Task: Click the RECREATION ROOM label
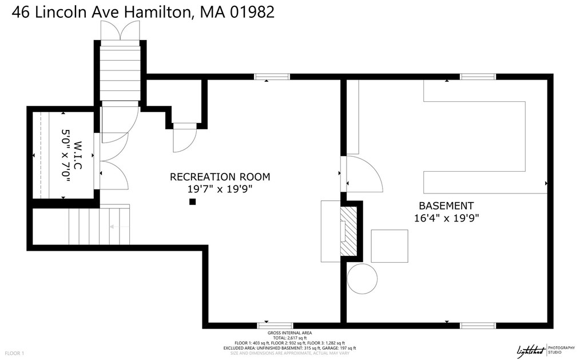[x=220, y=177]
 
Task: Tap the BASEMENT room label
[x=446, y=206]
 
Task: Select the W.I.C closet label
[x=78, y=155]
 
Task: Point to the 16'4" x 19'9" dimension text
[x=446, y=217]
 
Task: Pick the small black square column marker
[x=193, y=201]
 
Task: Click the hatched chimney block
[x=349, y=231]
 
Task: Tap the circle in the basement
[x=362, y=279]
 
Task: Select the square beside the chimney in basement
[x=390, y=246]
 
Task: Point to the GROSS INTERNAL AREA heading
[x=289, y=333]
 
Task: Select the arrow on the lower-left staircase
[x=118, y=227]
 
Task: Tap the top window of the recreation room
[x=272, y=77]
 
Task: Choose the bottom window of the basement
[x=478, y=326]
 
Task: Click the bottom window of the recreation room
[x=275, y=326]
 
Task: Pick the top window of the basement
[x=478, y=77]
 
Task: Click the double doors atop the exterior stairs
[x=120, y=31]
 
